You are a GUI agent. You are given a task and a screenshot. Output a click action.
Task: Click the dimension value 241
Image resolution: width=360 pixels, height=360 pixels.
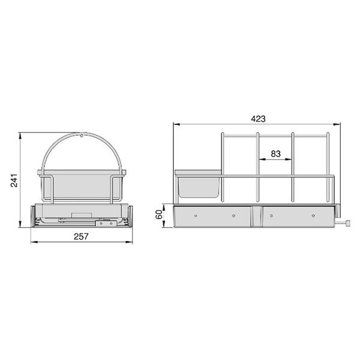tap(14, 181)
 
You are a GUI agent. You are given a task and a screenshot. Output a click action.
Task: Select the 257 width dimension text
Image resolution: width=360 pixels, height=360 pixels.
tap(81, 236)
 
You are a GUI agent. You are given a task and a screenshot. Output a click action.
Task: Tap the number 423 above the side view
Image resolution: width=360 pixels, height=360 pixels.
tap(258, 119)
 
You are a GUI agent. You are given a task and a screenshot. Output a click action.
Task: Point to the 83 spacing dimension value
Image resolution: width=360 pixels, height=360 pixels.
tap(275, 154)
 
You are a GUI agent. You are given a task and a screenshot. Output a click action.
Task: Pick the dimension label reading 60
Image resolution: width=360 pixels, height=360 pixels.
tap(159, 215)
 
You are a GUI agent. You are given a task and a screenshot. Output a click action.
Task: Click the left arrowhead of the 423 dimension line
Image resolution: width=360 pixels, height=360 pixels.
tap(176, 124)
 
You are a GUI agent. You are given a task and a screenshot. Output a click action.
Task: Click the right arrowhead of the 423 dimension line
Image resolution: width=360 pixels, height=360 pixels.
tap(337, 124)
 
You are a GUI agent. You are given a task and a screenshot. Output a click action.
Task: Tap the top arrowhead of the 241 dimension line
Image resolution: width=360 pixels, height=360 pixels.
tap(20, 136)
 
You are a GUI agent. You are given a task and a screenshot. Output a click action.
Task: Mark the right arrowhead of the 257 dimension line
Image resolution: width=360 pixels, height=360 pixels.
tap(129, 242)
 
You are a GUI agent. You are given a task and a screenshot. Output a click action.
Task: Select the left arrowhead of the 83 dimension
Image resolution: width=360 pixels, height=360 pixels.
tap(262, 159)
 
